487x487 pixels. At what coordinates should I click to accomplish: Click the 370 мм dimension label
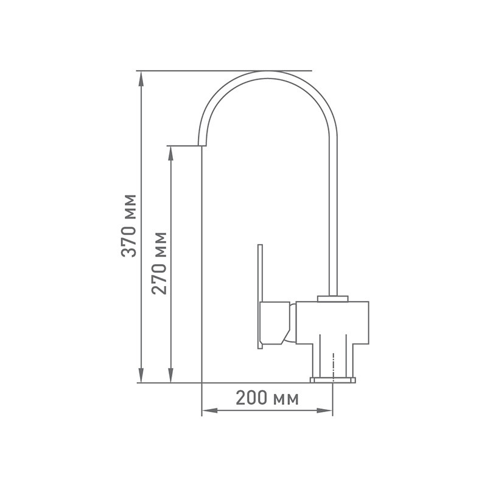click(128, 226)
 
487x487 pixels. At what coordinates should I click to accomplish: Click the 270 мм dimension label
click(159, 263)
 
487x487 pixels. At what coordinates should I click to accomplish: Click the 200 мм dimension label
click(267, 398)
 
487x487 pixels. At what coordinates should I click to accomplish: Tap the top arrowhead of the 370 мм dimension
click(141, 79)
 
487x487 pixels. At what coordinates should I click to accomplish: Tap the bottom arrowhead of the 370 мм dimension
click(141, 375)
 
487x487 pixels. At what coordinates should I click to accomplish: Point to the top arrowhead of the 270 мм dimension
click(170, 153)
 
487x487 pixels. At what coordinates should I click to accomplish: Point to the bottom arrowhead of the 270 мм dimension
click(170, 375)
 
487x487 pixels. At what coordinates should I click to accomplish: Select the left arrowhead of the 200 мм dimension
click(209, 410)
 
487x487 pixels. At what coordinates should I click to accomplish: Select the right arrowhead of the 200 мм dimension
click(325, 410)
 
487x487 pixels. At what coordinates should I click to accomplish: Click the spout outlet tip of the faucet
click(202, 145)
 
